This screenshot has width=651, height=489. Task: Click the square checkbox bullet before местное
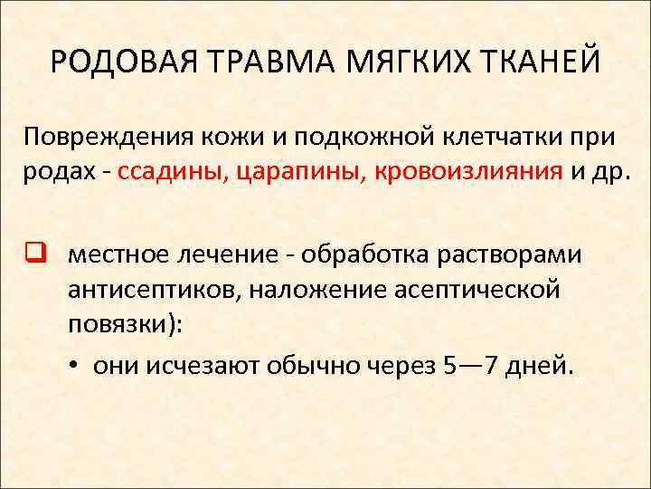(x=33, y=254)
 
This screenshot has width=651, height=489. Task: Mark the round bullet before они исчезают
(x=71, y=364)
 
